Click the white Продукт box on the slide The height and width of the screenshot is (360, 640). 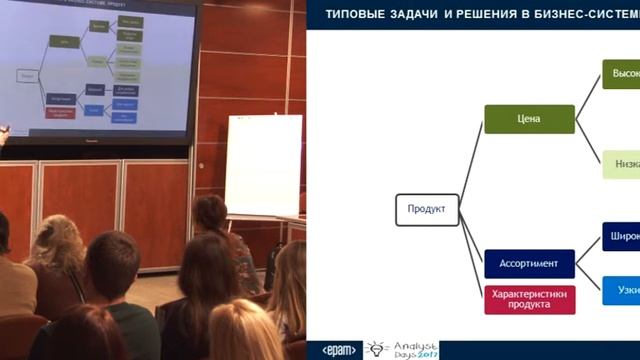pos(427,209)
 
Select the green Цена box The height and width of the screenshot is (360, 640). pos(529,119)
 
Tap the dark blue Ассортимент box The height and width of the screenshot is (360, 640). pos(529,264)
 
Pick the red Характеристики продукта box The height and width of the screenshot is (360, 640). pos(529,299)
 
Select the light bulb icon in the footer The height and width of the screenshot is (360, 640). pos(377,349)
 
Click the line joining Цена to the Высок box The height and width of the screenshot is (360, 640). pos(588,97)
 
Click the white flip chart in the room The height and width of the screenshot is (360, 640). pos(263,164)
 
